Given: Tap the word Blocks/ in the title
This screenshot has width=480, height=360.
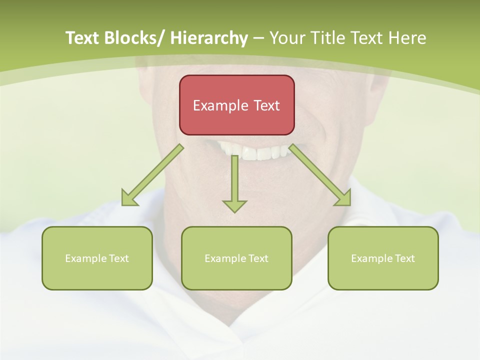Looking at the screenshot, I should click(133, 38).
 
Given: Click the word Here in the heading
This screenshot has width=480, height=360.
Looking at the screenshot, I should click(408, 38).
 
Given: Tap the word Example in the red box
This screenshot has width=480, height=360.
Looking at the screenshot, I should click(220, 106).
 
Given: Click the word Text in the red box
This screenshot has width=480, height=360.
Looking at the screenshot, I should click(265, 105).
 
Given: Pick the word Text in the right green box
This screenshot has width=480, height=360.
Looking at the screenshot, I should click(404, 258).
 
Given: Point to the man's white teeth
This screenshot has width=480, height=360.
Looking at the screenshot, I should click(255, 151).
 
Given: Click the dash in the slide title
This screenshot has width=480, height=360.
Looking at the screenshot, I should click(258, 38).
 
